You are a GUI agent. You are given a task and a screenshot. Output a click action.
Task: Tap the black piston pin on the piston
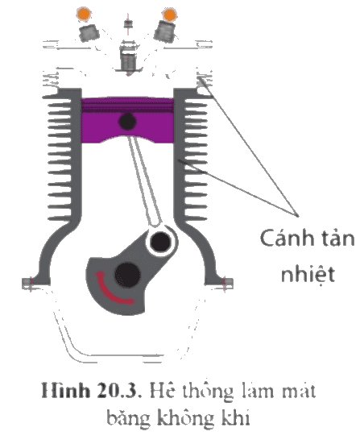[x=127, y=122]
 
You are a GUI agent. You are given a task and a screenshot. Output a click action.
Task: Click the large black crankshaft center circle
[x=127, y=275]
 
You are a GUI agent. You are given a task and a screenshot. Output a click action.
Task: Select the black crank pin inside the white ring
[x=161, y=242]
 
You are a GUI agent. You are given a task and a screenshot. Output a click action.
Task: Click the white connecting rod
[x=145, y=180]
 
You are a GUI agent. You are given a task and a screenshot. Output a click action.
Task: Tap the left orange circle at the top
[x=84, y=14]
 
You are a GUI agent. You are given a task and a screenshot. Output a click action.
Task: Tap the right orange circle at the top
[x=170, y=15]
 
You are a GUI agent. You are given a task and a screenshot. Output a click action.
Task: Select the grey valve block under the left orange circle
[x=89, y=33]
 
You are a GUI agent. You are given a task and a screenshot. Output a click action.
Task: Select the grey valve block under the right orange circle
[x=165, y=32]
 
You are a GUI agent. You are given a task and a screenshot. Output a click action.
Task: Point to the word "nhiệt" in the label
[x=308, y=274]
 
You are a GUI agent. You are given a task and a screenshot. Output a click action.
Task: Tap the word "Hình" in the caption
[x=65, y=390]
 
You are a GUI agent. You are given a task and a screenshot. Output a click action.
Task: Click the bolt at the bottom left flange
[x=28, y=284]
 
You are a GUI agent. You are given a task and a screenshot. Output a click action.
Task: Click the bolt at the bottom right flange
[x=227, y=284]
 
